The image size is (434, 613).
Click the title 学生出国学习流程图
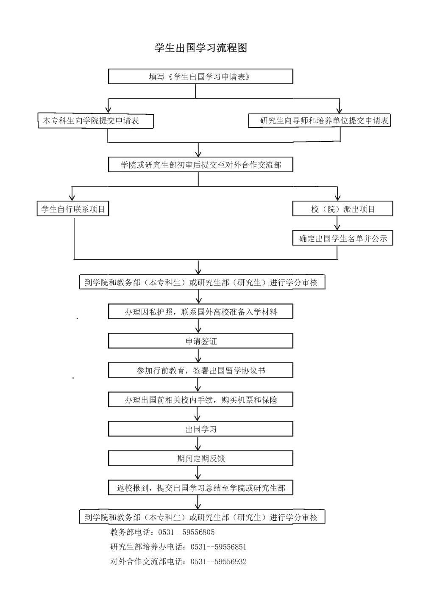(x=201, y=48)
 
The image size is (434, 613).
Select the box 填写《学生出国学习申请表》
(x=200, y=76)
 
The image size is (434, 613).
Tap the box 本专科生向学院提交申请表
(x=96, y=121)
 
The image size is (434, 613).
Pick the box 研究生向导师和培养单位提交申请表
(x=319, y=121)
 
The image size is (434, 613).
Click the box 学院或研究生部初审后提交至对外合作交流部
(x=200, y=165)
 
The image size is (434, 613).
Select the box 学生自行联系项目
(x=73, y=209)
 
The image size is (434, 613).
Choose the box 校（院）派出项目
(x=343, y=209)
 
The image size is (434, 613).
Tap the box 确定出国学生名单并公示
(x=343, y=238)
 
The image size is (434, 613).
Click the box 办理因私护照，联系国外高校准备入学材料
(x=200, y=312)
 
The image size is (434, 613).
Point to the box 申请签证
(x=200, y=341)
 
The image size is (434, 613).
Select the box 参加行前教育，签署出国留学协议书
(x=200, y=370)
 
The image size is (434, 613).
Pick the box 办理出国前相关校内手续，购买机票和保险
(x=200, y=400)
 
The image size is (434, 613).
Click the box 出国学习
(x=200, y=429)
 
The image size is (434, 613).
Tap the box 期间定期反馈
(x=200, y=458)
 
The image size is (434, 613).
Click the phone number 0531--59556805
(x=186, y=532)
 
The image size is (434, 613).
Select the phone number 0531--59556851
(x=218, y=547)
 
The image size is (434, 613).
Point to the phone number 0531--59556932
(x=218, y=561)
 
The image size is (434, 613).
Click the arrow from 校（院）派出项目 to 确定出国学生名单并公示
(x=337, y=223)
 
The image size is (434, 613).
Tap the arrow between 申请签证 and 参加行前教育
(x=198, y=356)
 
